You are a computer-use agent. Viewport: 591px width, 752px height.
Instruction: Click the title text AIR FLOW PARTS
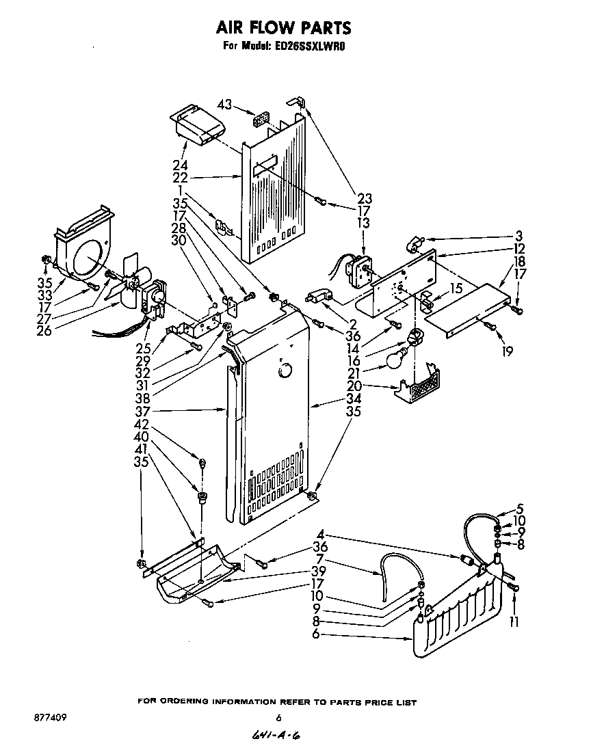pos(284,27)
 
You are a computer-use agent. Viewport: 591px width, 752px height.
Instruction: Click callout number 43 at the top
pos(225,105)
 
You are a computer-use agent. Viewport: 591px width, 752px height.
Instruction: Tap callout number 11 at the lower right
pos(514,621)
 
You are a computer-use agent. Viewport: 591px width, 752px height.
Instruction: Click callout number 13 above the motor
pos(363,224)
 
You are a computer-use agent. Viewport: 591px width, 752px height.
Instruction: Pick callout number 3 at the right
pos(519,236)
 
